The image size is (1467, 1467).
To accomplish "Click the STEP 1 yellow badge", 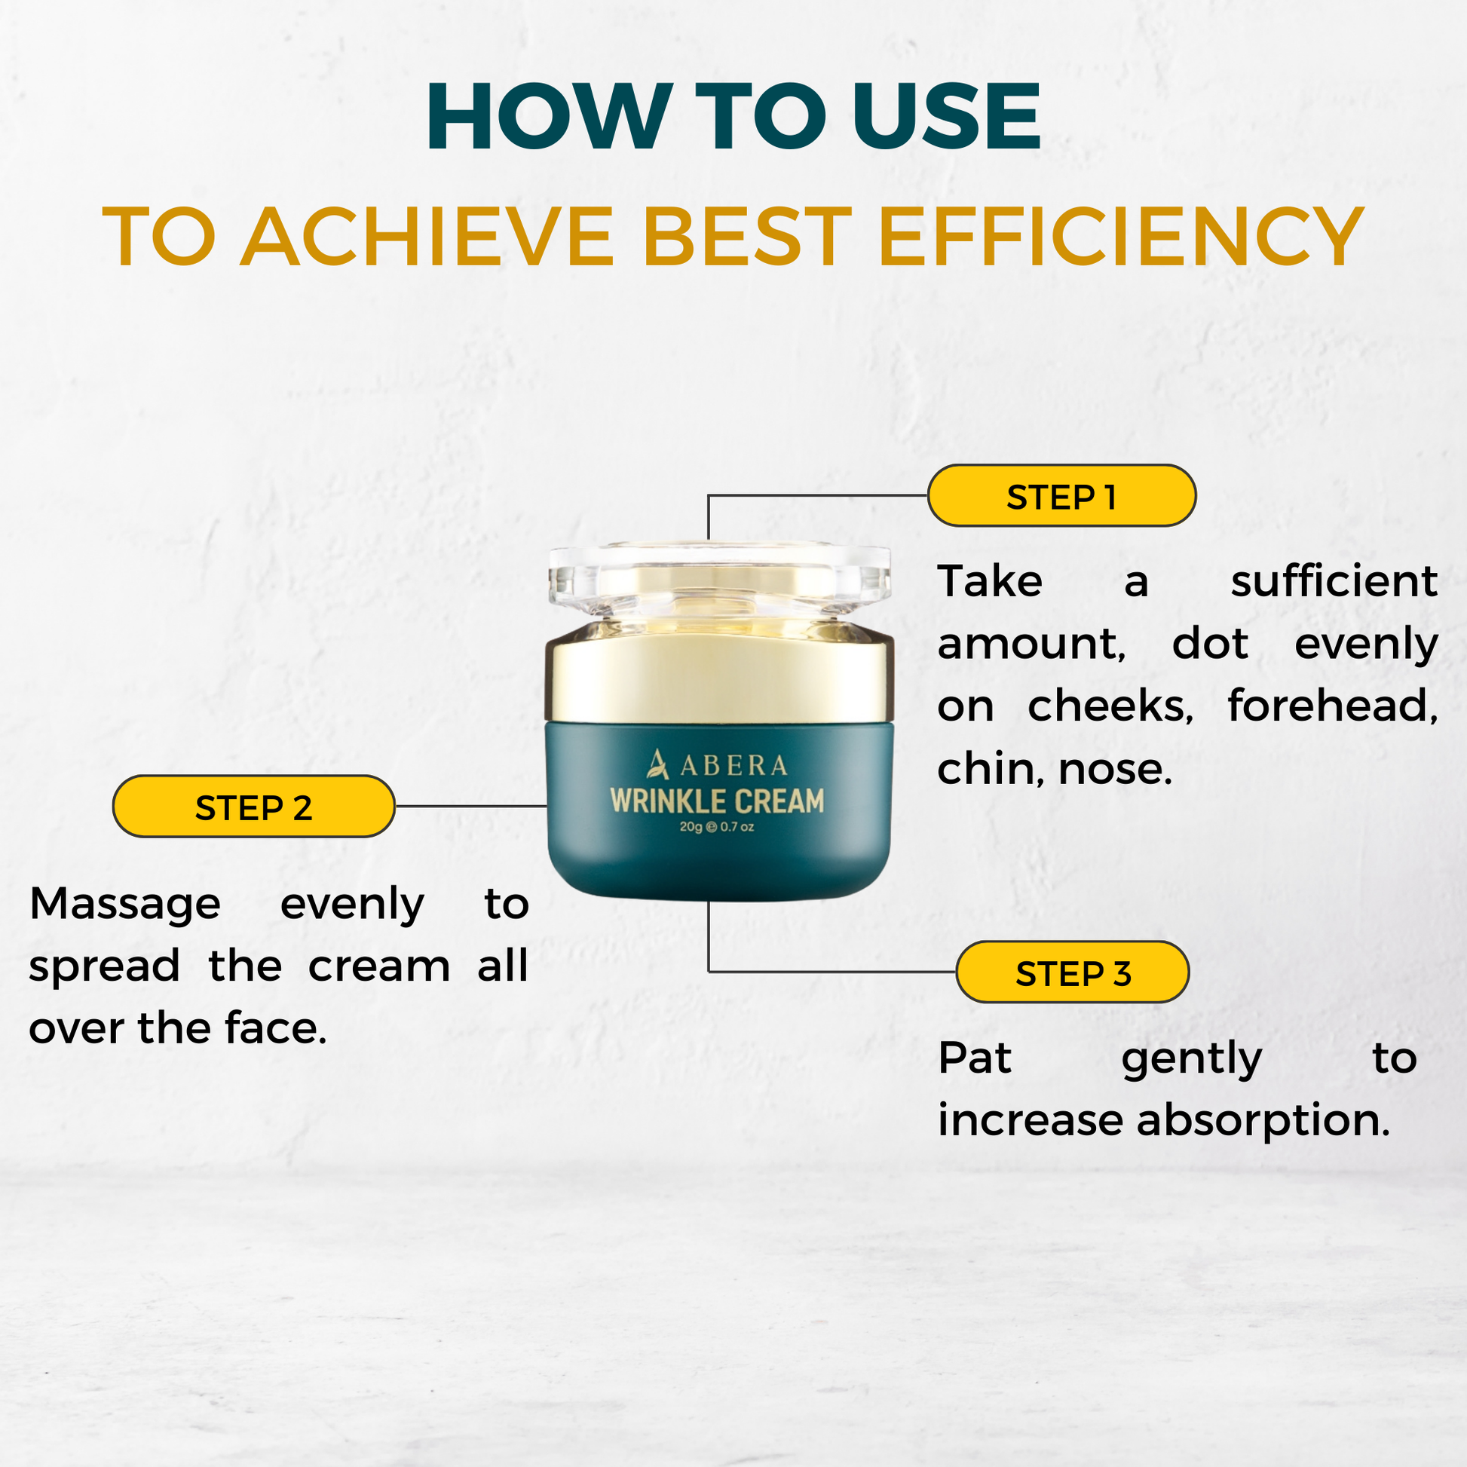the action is coord(1061,496).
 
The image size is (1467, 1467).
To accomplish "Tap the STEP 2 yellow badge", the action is coord(253,807).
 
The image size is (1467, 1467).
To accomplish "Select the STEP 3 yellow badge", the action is coord(1072,972).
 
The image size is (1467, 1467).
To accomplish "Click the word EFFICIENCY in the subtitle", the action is coord(1121,237).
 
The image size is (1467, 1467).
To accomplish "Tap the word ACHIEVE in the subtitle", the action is coord(427,237).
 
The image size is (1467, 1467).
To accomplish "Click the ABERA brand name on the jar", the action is coord(733,765).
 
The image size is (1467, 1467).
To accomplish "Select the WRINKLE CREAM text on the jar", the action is coord(718,802).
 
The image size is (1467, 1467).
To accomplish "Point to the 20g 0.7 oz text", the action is coord(717,827).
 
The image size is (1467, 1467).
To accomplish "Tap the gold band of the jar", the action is coord(719,675).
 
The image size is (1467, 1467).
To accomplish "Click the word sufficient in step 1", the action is coord(1334,582).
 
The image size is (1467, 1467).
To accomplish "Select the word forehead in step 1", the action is coord(1333,706).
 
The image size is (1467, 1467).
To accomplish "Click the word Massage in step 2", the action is coord(125,905).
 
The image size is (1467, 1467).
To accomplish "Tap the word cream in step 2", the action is coord(379,966).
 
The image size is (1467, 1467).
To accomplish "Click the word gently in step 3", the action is coord(1192,1060).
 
